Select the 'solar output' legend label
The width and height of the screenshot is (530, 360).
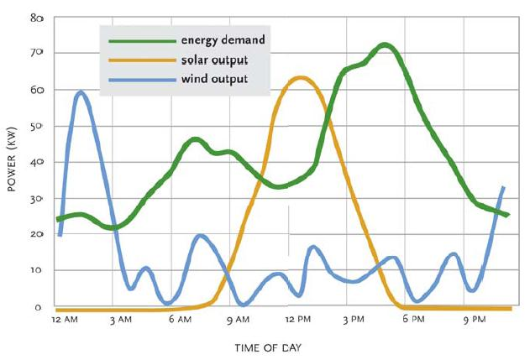[213, 60]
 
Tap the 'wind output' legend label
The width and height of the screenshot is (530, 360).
[213, 80]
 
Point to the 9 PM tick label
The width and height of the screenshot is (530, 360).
[475, 320]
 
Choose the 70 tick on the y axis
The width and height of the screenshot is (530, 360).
[38, 53]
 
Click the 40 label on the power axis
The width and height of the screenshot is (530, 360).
[38, 162]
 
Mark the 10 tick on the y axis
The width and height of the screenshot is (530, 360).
[38, 271]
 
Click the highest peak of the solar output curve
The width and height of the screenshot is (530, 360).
[300, 78]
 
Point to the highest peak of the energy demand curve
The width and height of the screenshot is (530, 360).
[385, 44]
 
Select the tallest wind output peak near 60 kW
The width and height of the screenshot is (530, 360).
[81, 92]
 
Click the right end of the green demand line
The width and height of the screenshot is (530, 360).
[507, 215]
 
